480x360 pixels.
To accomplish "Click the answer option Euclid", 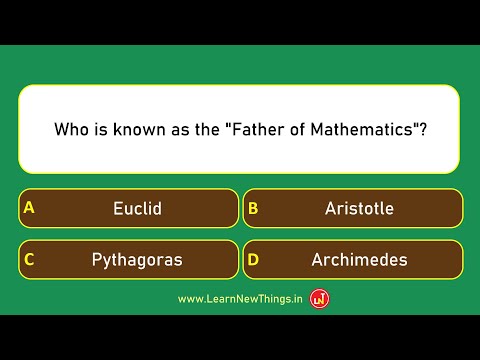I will [x=129, y=209].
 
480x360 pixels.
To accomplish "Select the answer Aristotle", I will [x=353, y=209].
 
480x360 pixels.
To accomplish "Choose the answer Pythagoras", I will [x=129, y=260].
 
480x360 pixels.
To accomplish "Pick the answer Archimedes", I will [x=353, y=260].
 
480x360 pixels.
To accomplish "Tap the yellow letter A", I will [x=29, y=209].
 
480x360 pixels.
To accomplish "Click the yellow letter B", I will [x=253, y=209].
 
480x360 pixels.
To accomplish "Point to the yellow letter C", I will [x=29, y=260].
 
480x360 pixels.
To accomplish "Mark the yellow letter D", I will [x=253, y=260].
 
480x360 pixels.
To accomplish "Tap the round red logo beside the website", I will [x=320, y=298].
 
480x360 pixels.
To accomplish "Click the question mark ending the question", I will [x=421, y=130].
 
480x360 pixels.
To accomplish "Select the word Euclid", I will [x=138, y=209].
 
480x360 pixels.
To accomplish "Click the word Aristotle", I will [x=359, y=209].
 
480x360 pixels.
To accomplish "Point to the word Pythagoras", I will [x=137, y=260].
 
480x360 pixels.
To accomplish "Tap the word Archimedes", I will [x=359, y=260].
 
